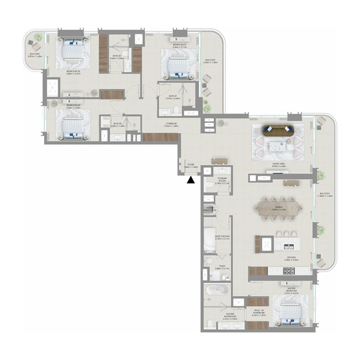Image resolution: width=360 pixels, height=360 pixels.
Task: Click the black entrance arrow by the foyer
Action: pyautogui.click(x=191, y=180)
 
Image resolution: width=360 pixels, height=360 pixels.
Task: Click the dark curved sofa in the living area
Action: pyautogui.click(x=278, y=130)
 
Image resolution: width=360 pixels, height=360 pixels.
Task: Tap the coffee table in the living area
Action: pyautogui.click(x=278, y=145)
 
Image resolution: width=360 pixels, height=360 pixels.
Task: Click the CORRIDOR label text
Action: pyautogui.click(x=170, y=124)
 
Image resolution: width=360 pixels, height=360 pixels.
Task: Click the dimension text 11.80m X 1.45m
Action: pyautogui.click(x=323, y=197)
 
